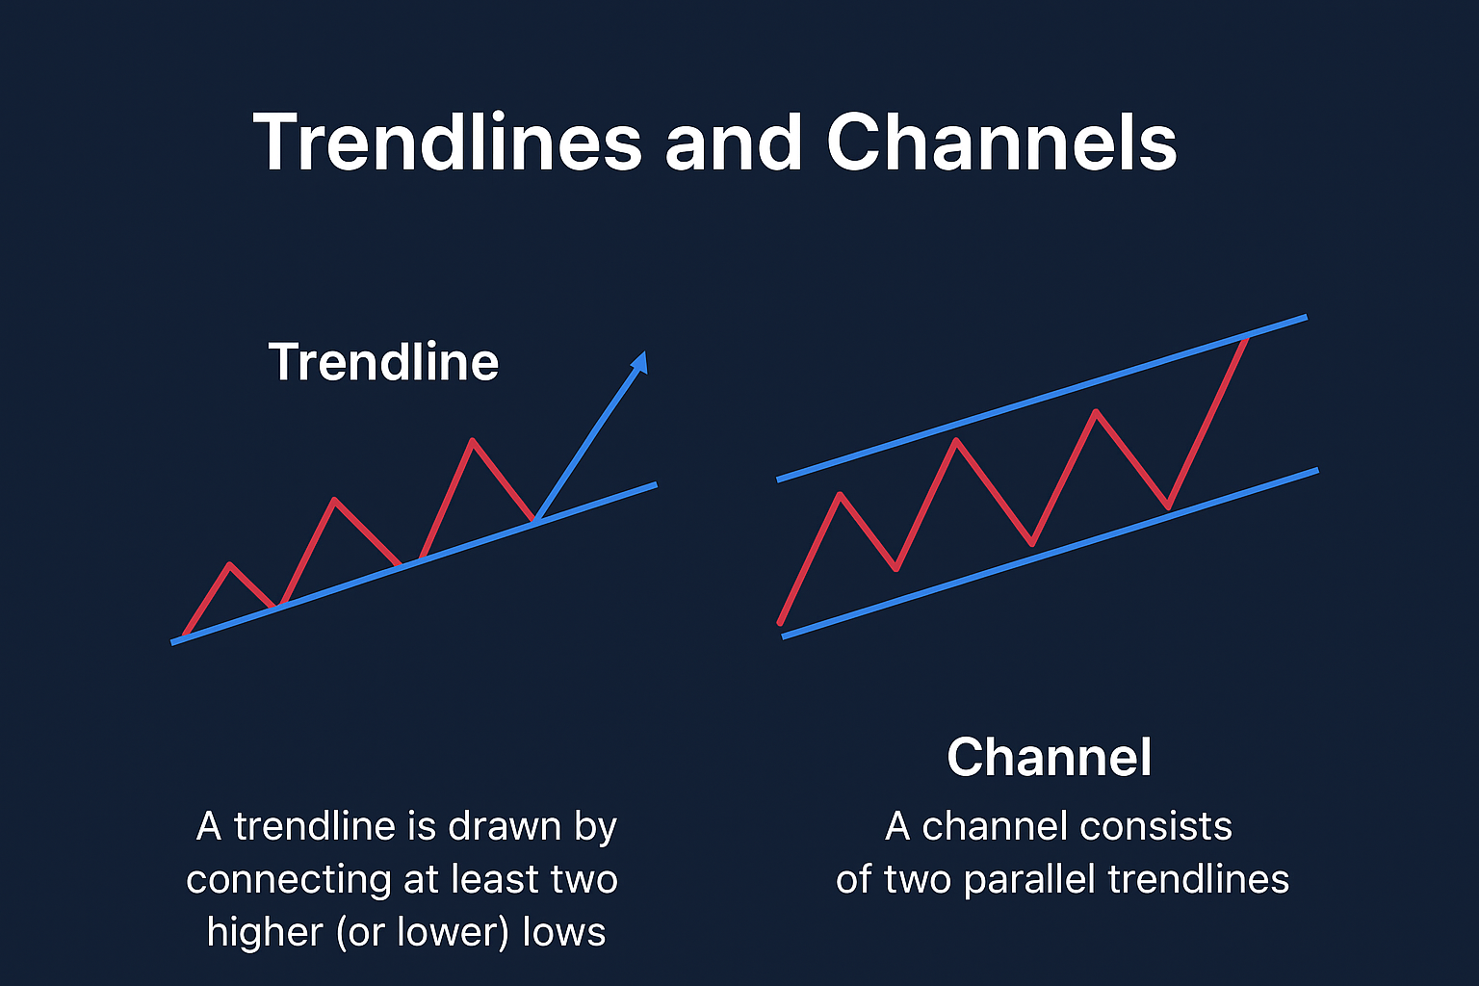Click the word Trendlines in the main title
(x=448, y=142)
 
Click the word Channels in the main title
(x=1002, y=142)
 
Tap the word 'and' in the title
(x=734, y=142)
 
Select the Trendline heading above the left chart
(x=383, y=361)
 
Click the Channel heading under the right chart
(x=1050, y=757)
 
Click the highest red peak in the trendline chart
(x=473, y=440)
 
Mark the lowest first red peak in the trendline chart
(x=230, y=564)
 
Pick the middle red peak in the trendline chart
(x=335, y=500)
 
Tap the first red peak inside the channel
(x=840, y=494)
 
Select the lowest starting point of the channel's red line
(x=781, y=622)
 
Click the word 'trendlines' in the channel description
(x=1199, y=879)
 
